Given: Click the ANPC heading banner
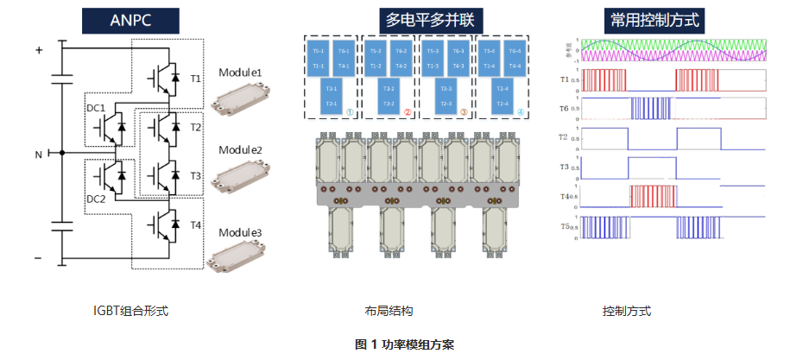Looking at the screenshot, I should pos(130,19).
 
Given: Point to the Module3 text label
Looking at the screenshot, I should pos(240,233).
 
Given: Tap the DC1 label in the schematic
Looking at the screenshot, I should pos(95,108).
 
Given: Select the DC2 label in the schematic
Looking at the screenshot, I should pos(95,198).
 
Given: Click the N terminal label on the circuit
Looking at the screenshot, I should pos(37,155).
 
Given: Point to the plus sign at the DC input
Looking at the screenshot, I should pos(38,50).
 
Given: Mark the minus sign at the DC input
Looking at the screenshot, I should pos(38,258).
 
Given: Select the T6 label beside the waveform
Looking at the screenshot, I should pos(564,108).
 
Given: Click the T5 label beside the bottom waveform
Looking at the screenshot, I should pos(564,227).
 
